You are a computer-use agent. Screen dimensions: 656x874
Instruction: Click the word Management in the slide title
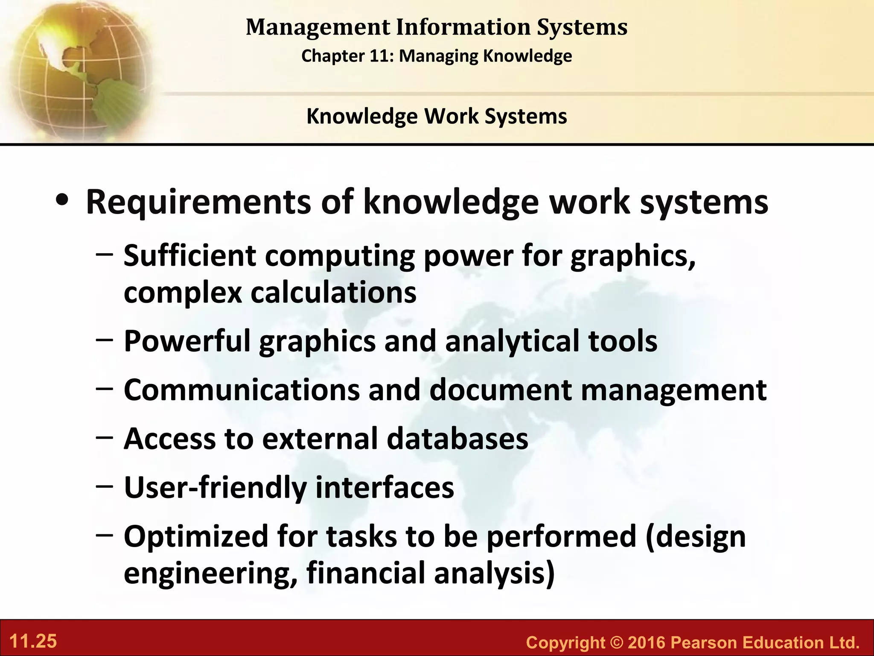318,27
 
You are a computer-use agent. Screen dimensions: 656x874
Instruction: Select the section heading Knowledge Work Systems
437,116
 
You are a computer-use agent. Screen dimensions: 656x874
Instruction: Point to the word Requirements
198,202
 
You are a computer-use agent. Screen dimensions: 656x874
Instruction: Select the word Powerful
187,341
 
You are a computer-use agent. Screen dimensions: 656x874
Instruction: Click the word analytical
512,342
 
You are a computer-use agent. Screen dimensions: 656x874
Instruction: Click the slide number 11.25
33,641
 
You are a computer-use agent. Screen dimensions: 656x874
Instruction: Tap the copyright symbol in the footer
617,642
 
